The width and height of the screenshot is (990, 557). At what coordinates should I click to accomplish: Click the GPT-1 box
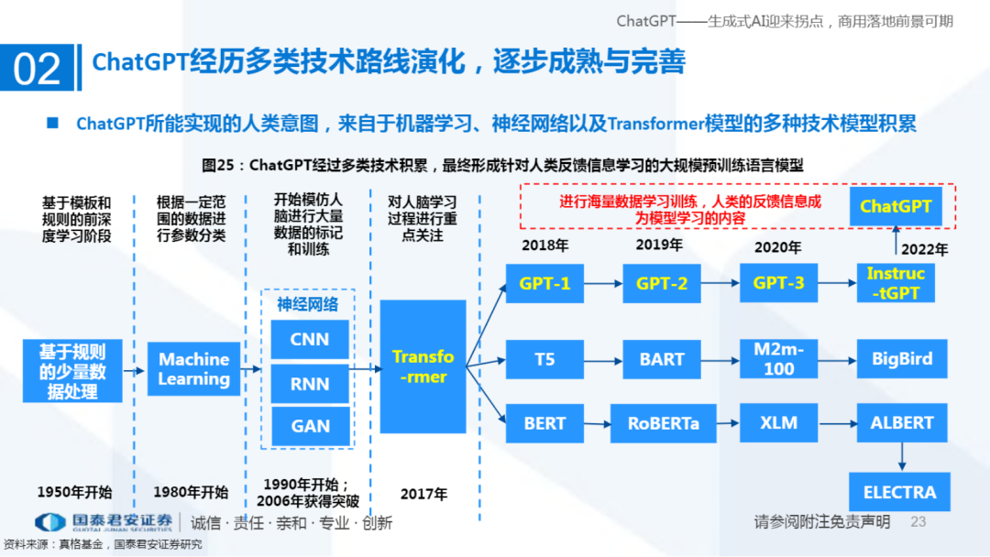pyautogui.click(x=544, y=284)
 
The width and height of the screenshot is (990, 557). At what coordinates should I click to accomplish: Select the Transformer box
pyautogui.click(x=423, y=366)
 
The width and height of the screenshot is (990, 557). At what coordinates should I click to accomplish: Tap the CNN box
pyautogui.click(x=310, y=340)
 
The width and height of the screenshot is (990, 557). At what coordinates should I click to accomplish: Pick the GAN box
pyautogui.click(x=310, y=426)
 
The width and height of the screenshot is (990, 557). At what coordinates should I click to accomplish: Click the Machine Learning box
pyautogui.click(x=193, y=369)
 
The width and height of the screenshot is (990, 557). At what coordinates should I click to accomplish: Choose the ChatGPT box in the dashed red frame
pyautogui.click(x=896, y=206)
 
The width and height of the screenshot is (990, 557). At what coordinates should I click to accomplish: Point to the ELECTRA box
pyautogui.click(x=899, y=493)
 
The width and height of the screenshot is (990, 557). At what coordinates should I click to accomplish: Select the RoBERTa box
pyautogui.click(x=663, y=423)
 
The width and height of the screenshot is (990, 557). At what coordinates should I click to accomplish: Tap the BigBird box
pyautogui.click(x=902, y=359)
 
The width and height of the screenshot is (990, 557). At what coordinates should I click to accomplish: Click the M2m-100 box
pyautogui.click(x=779, y=359)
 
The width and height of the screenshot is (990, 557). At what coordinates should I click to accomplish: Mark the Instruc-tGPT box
pyautogui.click(x=896, y=283)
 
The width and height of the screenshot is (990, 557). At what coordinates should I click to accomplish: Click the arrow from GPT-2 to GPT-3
pyautogui.click(x=720, y=284)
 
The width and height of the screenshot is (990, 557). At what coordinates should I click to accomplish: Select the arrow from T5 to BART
pyautogui.click(x=602, y=359)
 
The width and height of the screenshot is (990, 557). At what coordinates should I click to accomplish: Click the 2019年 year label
pyautogui.click(x=659, y=246)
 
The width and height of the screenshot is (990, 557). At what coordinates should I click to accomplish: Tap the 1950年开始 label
pyautogui.click(x=74, y=492)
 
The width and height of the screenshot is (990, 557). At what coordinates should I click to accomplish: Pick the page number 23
pyautogui.click(x=918, y=521)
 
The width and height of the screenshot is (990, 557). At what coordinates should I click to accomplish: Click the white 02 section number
pyautogui.click(x=38, y=69)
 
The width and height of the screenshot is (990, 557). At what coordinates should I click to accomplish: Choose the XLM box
pyautogui.click(x=779, y=423)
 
